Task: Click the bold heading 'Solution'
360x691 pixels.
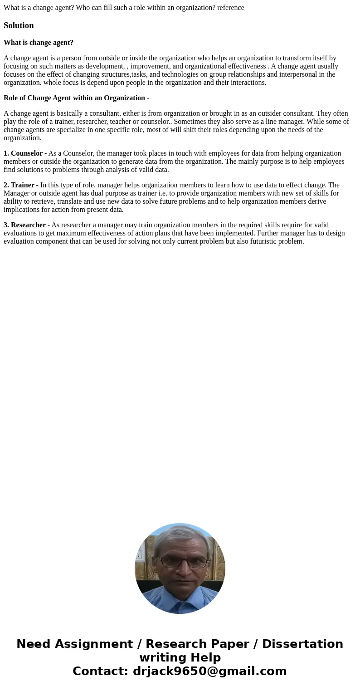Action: click(x=19, y=25)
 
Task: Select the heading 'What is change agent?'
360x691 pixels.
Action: click(x=39, y=43)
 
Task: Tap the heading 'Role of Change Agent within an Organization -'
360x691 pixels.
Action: click(x=76, y=98)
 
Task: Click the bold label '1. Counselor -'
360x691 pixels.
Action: click(x=25, y=153)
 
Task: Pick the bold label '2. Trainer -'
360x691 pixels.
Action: click(x=21, y=185)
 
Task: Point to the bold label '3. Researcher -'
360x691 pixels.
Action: click(x=26, y=225)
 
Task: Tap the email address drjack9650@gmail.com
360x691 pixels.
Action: click(x=210, y=671)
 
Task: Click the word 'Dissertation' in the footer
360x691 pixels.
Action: click(x=302, y=644)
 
